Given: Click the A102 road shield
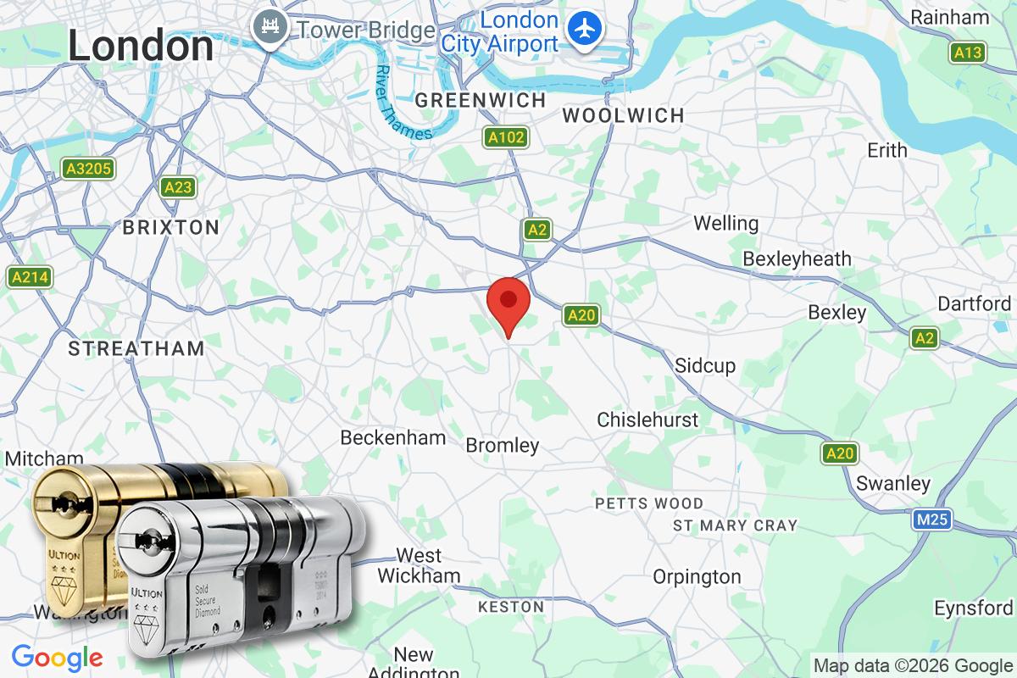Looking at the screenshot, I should click(506, 137).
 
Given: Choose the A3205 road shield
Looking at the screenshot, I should click(88, 169).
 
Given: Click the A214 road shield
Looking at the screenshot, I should click(30, 276).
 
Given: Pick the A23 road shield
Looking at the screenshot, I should click(178, 187).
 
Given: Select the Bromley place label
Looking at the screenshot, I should click(503, 445).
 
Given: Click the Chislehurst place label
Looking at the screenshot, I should click(647, 420).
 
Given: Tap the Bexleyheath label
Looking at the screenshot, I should click(797, 258).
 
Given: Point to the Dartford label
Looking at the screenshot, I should click(974, 303).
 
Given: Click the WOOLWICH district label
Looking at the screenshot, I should click(623, 115).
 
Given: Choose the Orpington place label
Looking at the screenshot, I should click(697, 577).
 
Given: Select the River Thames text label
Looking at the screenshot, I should click(403, 103).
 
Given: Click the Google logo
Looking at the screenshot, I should click(58, 657).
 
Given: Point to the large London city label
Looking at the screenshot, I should click(141, 46).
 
